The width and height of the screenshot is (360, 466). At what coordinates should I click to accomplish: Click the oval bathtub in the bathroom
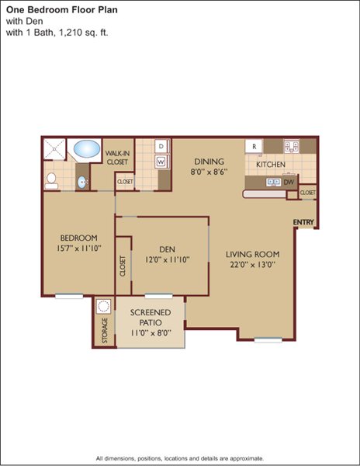(87, 148)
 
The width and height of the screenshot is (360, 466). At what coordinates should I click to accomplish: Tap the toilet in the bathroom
(51, 181)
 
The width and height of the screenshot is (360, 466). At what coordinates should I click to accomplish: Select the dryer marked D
(161, 146)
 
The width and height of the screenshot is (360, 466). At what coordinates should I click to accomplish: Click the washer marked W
(161, 162)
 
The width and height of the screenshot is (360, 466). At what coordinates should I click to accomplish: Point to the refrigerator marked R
(254, 146)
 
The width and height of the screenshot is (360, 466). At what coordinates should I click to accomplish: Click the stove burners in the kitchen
(291, 146)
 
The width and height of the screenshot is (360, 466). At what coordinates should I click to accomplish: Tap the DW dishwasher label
(289, 183)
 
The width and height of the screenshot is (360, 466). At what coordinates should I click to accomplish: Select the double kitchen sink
(273, 182)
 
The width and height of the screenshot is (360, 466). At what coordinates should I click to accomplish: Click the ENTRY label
(303, 222)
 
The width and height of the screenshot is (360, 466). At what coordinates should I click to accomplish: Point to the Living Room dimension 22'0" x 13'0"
(253, 264)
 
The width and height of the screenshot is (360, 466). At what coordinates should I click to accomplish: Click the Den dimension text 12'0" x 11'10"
(167, 259)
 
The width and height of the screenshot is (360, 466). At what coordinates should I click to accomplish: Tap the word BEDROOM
(78, 238)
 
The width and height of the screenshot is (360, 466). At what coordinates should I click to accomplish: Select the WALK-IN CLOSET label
(117, 158)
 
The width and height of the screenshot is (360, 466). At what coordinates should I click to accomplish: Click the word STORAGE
(105, 330)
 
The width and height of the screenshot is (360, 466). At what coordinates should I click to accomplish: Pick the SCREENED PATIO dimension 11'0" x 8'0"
(151, 332)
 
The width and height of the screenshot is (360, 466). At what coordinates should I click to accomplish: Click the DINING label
(209, 162)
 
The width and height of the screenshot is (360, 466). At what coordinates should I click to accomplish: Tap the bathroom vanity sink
(81, 183)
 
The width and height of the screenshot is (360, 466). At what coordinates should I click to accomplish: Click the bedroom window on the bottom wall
(69, 296)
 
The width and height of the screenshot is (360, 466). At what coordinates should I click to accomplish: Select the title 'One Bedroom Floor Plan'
(62, 10)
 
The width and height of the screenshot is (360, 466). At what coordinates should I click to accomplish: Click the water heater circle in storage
(104, 306)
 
